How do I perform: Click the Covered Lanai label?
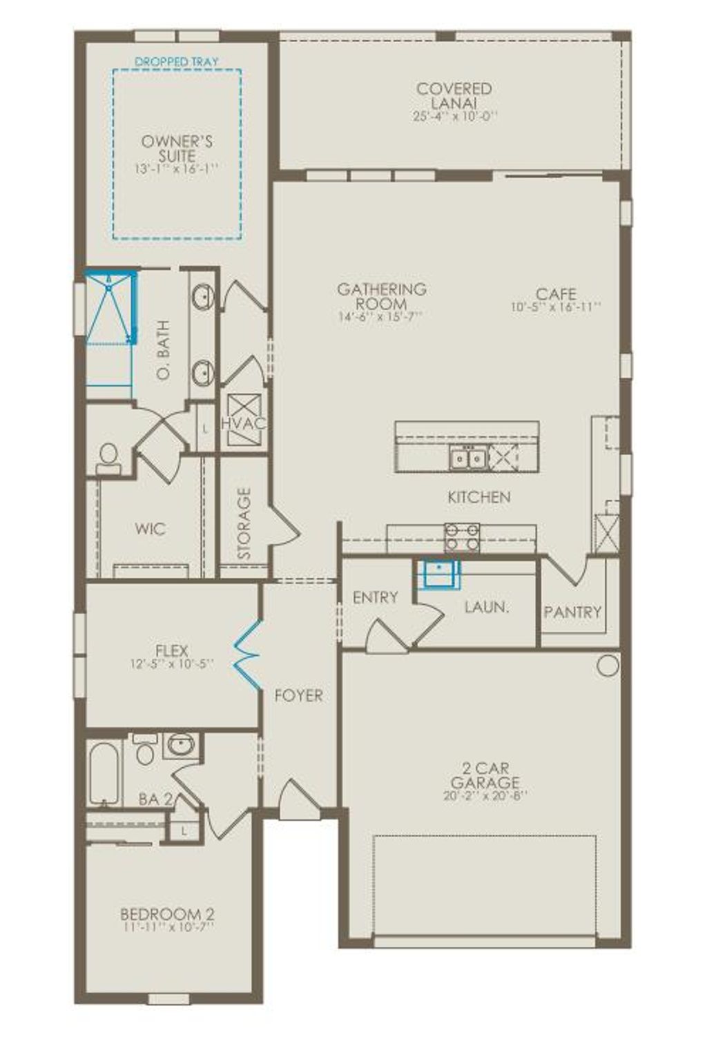point(454,96)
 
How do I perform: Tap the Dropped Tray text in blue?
point(176,61)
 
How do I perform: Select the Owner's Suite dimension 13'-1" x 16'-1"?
point(176,168)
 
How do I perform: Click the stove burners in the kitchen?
point(462,536)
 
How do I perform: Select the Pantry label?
point(572,612)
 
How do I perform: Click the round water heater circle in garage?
point(608,666)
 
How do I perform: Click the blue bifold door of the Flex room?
point(247,655)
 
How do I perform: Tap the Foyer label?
point(298,695)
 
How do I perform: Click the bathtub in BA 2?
point(104,773)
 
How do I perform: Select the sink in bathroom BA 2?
point(182,746)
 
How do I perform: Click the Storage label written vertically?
point(244,523)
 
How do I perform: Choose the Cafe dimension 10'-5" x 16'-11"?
point(556,307)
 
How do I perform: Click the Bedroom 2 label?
point(167,913)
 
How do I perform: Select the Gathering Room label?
point(381,296)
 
